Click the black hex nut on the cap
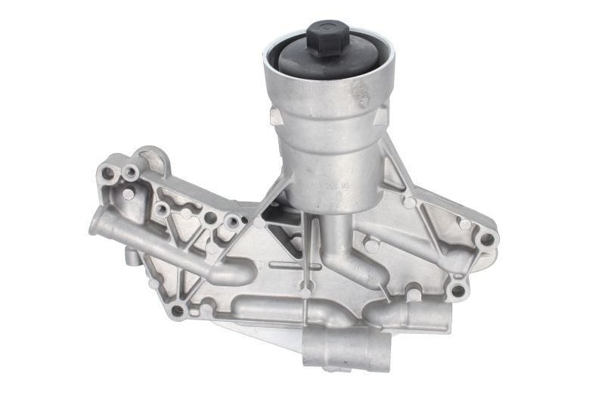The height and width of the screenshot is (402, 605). [x=328, y=35]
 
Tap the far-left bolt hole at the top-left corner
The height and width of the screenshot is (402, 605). [x=107, y=173]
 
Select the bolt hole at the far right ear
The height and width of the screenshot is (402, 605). [x=486, y=238]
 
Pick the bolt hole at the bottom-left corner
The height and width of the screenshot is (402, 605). [x=177, y=310]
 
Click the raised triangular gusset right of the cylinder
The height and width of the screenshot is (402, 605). [x=392, y=174]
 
